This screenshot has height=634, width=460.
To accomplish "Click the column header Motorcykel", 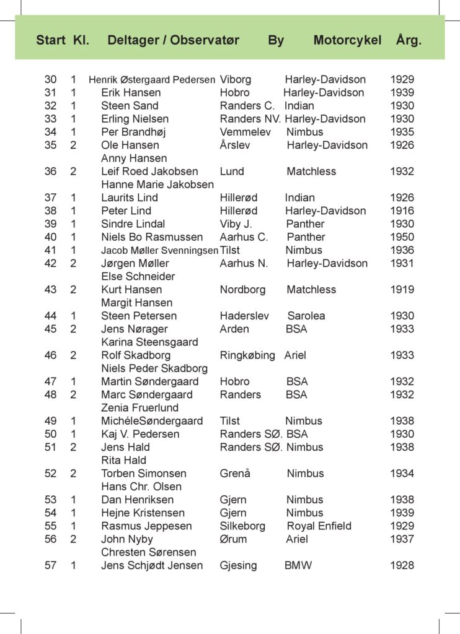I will point(347,41).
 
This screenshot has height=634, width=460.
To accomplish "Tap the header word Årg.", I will point(409,41).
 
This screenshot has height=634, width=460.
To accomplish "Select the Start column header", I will point(51,41).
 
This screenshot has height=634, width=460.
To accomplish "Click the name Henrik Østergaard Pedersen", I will point(152,80).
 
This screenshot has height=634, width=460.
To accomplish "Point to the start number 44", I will point(50,316).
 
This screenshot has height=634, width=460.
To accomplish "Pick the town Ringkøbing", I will point(247,355).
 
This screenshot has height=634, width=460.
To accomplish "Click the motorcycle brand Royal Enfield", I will point(319,526).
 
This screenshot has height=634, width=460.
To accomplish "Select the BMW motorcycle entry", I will point(298,565).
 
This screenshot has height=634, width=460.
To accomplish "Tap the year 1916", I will point(402,211).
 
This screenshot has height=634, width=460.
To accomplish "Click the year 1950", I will point(402,237).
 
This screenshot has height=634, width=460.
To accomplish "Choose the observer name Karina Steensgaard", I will point(149,342).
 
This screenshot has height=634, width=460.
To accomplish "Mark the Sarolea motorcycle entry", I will point(306,316).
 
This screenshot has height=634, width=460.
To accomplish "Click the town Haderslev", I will point(244,316).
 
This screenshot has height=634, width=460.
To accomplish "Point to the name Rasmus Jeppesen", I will point(146,526).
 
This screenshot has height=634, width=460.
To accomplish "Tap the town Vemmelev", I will point(245,132).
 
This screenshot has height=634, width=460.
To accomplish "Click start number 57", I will point(50,565).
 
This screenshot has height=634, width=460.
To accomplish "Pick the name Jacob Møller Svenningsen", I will point(159,251).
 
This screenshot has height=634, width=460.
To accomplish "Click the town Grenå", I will point(235,474).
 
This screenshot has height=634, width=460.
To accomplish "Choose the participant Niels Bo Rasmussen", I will point(152,237).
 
